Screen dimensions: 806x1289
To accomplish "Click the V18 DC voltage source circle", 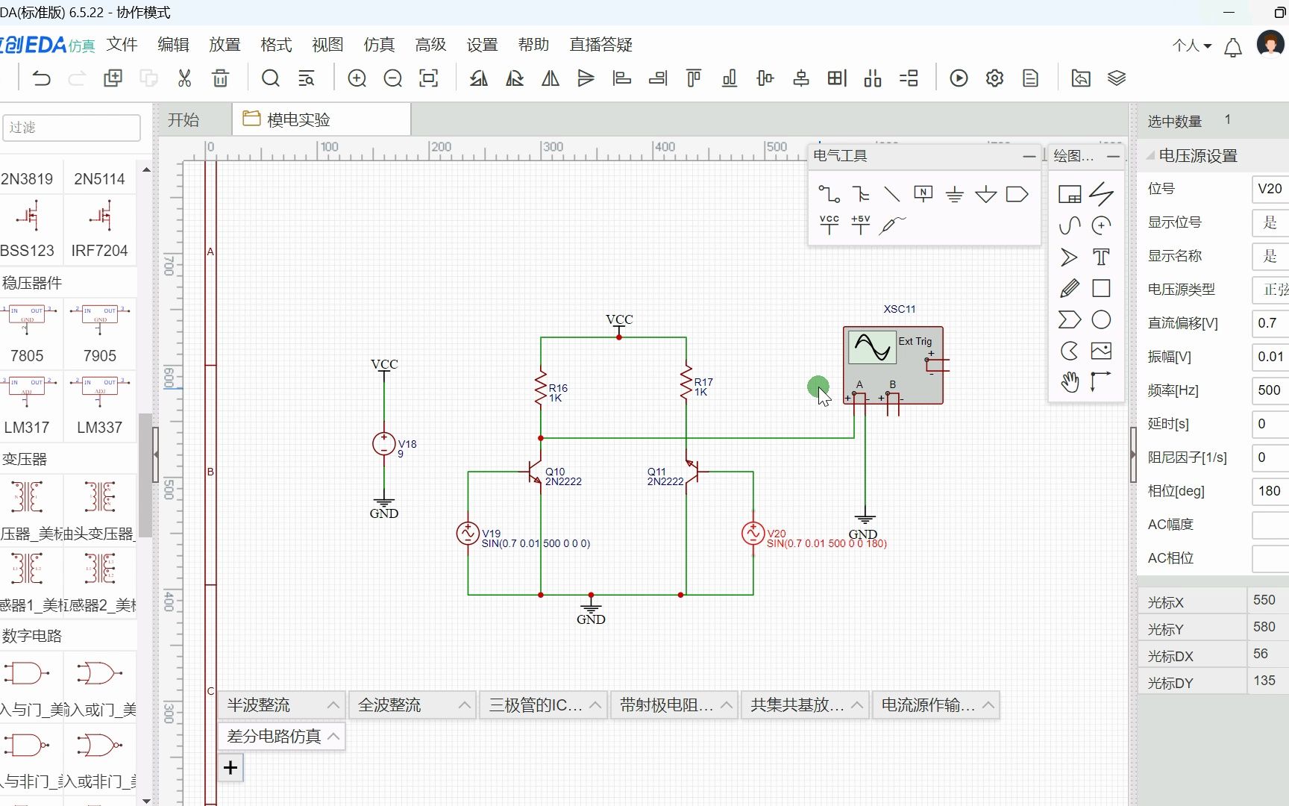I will [x=384, y=444].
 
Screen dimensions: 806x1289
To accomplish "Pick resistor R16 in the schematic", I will [x=541, y=388].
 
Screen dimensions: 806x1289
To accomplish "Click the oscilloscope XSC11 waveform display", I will [x=871, y=347].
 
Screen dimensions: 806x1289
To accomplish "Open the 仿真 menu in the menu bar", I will [x=379, y=45].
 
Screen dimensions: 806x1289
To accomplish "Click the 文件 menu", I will [x=122, y=45].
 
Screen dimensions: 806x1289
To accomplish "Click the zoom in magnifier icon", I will [x=357, y=78].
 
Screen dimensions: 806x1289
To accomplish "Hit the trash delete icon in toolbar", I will [x=220, y=78].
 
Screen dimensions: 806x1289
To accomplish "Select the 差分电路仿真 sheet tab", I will [x=274, y=737].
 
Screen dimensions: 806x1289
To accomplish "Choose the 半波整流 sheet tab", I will [x=259, y=705].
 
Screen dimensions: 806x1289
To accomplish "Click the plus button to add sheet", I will [x=230, y=767].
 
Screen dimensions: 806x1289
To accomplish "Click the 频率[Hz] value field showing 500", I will [x=1269, y=390].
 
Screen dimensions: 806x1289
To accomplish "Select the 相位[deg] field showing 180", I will [x=1269, y=491].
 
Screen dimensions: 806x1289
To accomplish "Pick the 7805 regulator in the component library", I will [x=27, y=328].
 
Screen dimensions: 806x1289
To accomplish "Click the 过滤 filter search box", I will [x=72, y=128].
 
